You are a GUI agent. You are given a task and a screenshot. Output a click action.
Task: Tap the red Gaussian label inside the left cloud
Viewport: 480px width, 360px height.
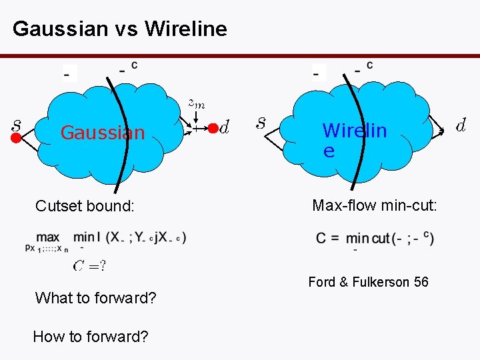tap(103, 133)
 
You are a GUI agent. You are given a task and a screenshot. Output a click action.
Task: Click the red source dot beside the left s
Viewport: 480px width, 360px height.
tap(16, 139)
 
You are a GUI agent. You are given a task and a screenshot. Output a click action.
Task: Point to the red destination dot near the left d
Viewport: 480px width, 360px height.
tap(212, 127)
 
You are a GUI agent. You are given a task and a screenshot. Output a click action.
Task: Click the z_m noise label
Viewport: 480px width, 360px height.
tap(196, 103)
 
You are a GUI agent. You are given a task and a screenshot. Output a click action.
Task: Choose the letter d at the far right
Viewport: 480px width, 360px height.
tap(460, 124)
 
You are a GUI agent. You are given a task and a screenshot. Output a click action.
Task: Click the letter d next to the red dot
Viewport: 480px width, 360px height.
tap(225, 126)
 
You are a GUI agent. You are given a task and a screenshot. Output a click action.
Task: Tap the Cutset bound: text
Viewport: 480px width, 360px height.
tap(85, 206)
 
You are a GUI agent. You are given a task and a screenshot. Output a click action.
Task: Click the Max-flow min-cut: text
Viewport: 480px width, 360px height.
tap(375, 205)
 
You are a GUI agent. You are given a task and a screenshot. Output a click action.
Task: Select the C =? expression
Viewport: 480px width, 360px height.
tap(89, 267)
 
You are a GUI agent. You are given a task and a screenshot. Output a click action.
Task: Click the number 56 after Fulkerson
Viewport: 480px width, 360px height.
tap(421, 282)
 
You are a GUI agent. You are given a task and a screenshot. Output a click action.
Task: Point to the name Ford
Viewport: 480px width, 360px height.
tap(321, 282)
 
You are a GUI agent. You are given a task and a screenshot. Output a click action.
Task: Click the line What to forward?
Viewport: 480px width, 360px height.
tap(95, 298)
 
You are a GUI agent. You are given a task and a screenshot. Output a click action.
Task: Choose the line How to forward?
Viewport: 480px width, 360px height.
tap(90, 337)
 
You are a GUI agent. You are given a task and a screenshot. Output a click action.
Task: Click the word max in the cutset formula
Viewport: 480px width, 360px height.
tap(48, 237)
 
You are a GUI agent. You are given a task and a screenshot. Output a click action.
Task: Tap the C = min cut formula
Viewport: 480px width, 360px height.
tap(375, 239)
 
